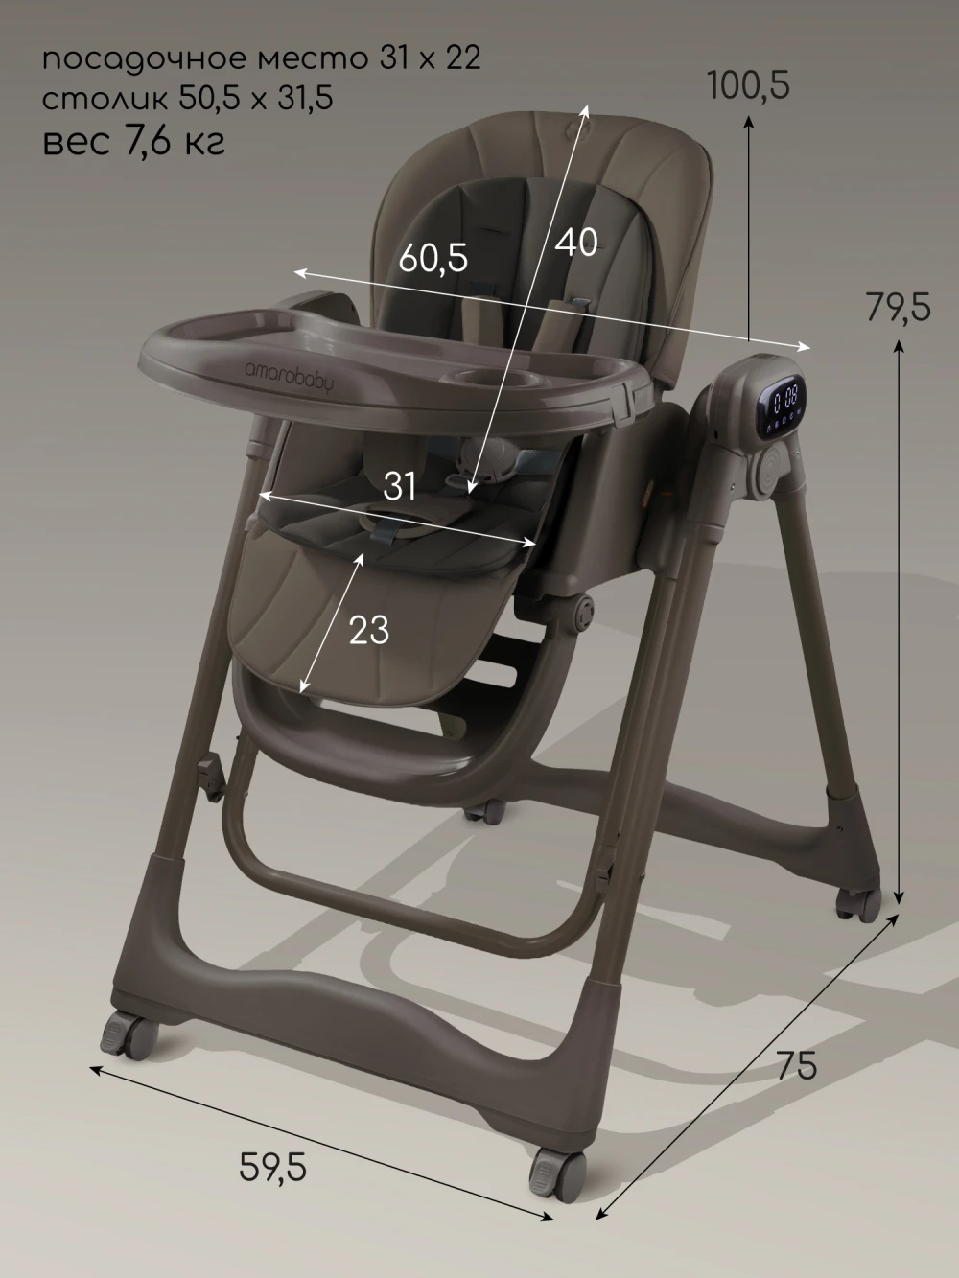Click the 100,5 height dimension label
tap(749, 84)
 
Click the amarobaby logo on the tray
tap(290, 378)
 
